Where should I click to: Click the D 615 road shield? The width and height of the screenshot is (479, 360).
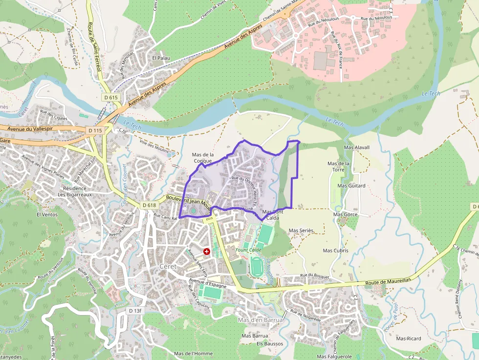coord(111,97)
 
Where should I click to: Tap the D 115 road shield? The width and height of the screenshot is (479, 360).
coord(95,130)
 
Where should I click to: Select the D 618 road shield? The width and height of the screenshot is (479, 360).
coord(149,205)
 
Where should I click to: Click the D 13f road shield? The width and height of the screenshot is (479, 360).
coord(135,311)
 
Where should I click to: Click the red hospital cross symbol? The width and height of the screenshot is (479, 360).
coord(207,251)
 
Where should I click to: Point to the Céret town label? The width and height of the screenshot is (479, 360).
coord(168,266)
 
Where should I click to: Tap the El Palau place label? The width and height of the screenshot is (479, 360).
coord(161,58)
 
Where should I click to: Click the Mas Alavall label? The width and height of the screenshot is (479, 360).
coord(357,147)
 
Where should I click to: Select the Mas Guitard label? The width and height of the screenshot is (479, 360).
coord(351,186)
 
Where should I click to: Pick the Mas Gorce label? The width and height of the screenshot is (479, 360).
coord(345,214)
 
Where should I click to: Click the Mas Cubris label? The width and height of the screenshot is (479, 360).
coord(336,251)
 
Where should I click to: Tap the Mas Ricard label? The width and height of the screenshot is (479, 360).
coord(409,339)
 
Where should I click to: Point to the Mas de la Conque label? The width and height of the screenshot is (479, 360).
coord(203,157)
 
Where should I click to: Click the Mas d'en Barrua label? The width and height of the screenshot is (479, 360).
coord(260,320)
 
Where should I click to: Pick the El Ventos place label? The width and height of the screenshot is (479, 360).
coord(47,214)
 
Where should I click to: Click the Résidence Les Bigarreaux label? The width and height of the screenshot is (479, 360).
coord(75,191)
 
